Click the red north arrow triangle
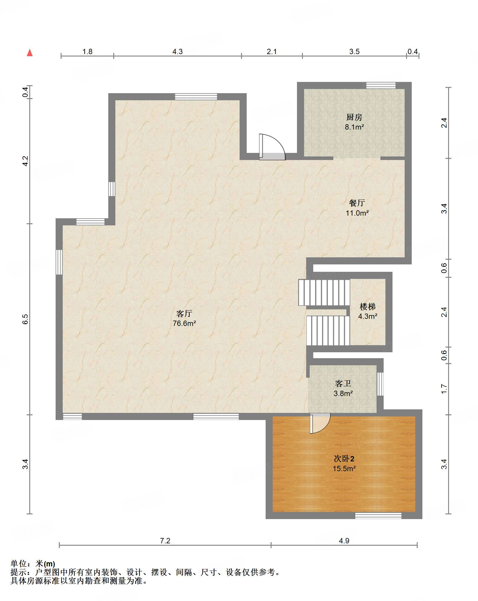coord(30,53)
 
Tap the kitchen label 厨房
coord(354,117)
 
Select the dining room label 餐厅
coord(357,203)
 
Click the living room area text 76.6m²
coord(184,323)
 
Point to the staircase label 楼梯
coord(367,306)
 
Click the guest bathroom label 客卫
coord(343,384)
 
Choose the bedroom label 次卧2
coord(344,459)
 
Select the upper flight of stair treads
coord(324,292)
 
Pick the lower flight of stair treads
coord(328,330)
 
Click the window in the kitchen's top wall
coord(381,85)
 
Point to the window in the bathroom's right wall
coord(380,384)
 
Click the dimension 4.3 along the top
coord(177,51)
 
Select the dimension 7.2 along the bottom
coord(165,541)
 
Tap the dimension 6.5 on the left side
coord(25,319)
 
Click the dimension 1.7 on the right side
coord(444,389)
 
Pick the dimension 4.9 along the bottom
coord(344,541)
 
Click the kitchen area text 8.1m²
coord(354,127)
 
